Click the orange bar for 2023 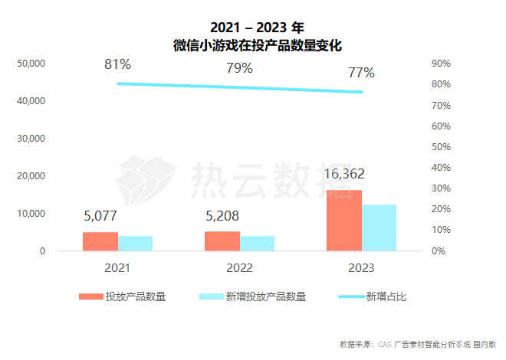click(343, 220)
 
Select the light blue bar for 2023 click(379, 227)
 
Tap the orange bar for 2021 click(100, 241)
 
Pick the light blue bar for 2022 click(257, 243)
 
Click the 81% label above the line click(117, 64)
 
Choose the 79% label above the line click(239, 69)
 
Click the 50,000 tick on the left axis click(31, 64)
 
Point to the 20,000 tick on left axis click(31, 176)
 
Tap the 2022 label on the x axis click(239, 268)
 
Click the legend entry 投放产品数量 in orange click(135, 297)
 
